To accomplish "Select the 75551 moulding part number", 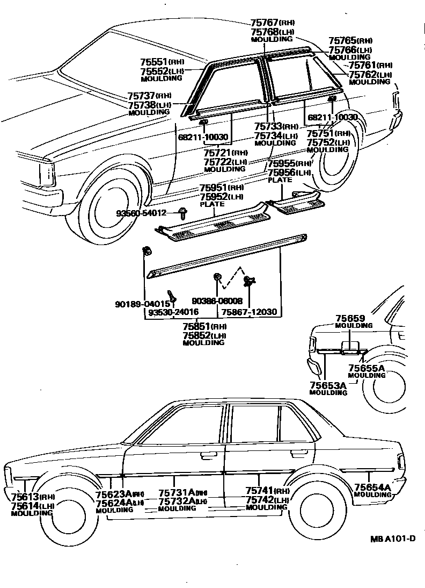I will [x=155, y=62].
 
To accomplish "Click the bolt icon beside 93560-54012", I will [x=182, y=213].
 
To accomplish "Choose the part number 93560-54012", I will [x=141, y=213].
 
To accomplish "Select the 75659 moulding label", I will [x=350, y=318].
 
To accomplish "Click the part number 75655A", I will [x=367, y=368].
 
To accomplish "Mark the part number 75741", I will [x=260, y=491].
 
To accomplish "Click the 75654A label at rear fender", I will [x=372, y=487].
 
